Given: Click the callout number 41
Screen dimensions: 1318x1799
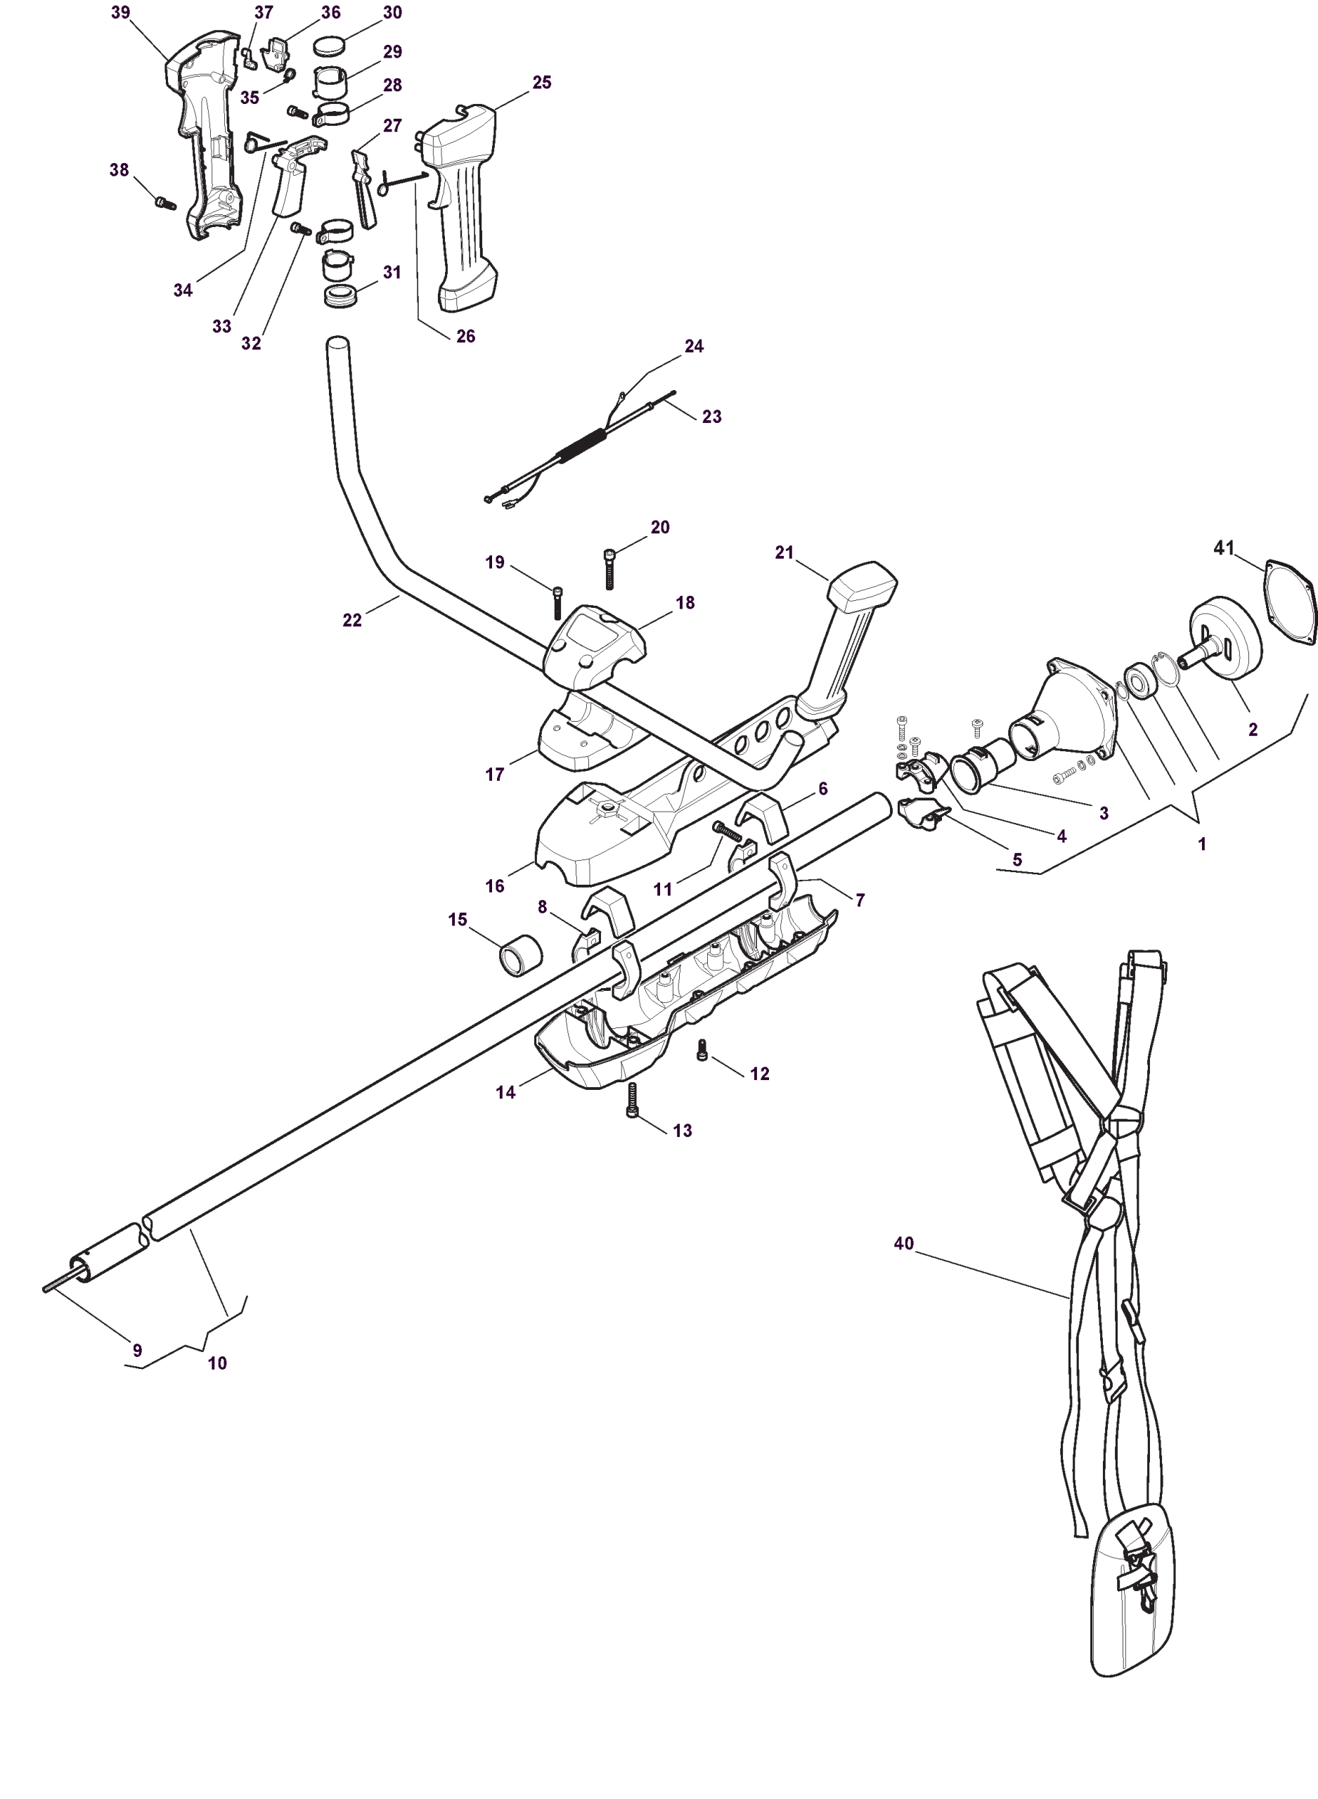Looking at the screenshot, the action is click(x=1223, y=548).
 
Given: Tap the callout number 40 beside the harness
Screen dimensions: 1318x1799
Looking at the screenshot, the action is click(x=903, y=1243).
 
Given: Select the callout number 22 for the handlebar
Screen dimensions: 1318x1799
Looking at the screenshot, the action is click(x=352, y=620).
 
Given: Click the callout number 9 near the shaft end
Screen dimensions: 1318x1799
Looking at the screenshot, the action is click(x=137, y=1350).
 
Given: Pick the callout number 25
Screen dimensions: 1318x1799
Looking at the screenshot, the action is click(x=542, y=82).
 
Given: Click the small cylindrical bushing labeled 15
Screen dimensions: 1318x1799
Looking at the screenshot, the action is click(x=520, y=954).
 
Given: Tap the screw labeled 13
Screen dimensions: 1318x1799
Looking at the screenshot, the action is click(x=633, y=1102).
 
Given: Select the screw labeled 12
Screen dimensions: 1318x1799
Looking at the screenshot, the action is click(x=702, y=1051).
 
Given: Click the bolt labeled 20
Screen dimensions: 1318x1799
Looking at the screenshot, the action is click(x=610, y=569).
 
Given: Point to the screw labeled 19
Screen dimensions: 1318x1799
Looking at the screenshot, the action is click(x=557, y=602).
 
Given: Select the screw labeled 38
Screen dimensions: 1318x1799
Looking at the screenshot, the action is click(x=165, y=203).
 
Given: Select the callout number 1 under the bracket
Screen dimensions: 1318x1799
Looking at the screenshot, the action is click(x=1202, y=844).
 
